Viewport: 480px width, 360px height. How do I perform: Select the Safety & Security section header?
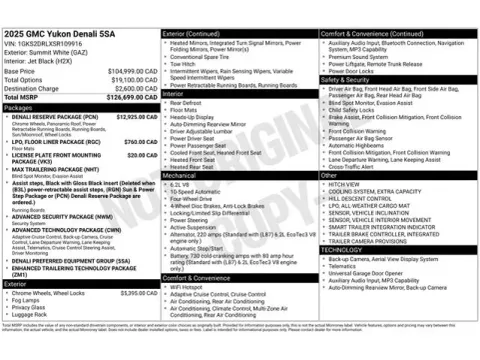coord(345,80)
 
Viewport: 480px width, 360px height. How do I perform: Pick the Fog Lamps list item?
coord(27,301)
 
